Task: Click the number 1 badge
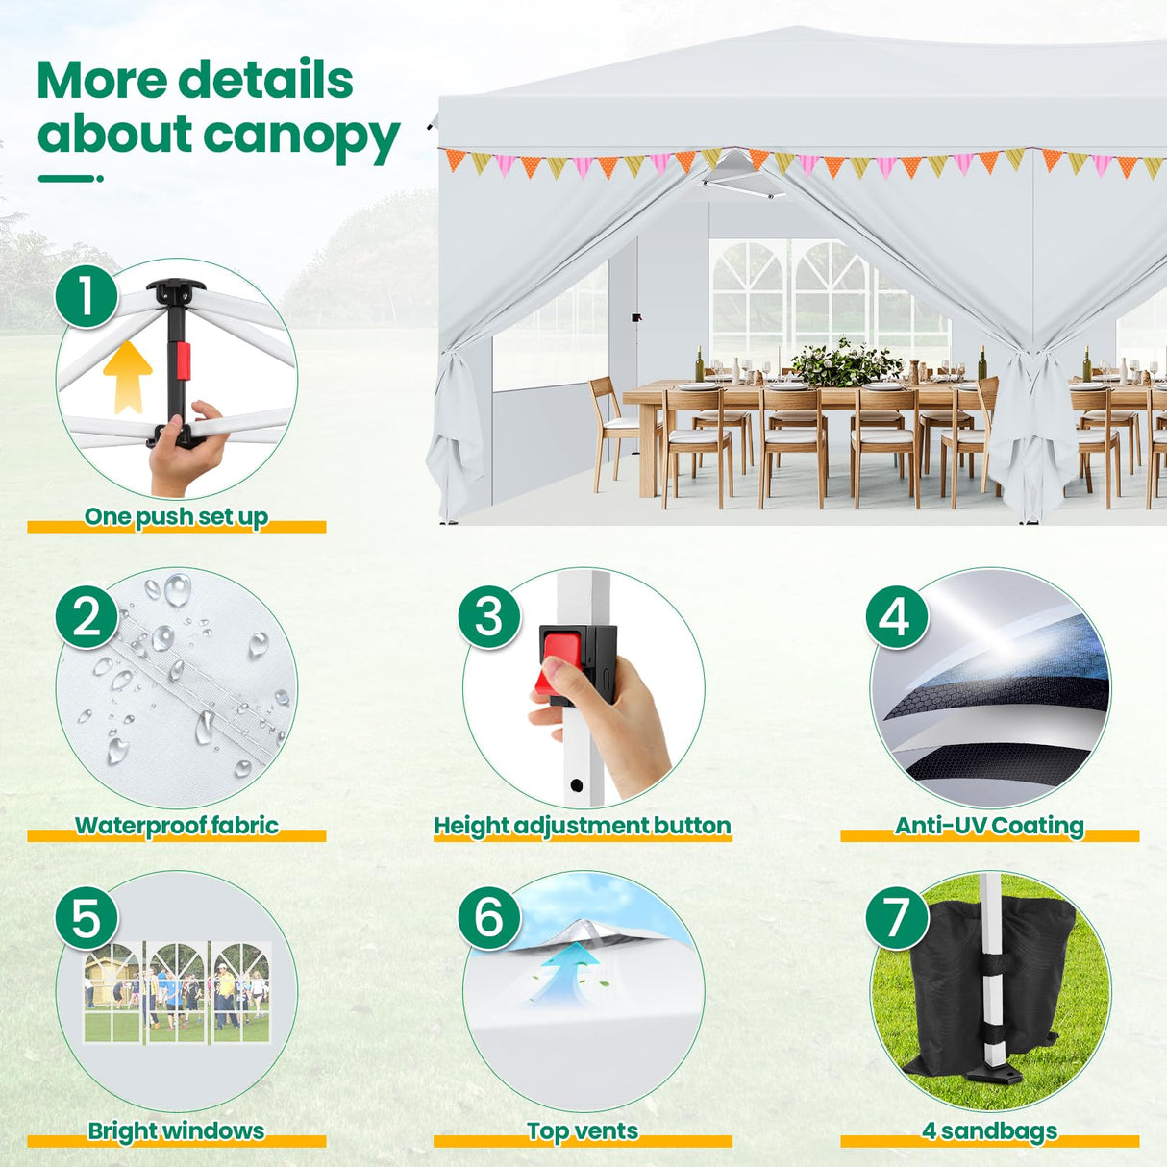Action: [87, 296]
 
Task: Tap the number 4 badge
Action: [896, 616]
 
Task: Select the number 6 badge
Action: [489, 916]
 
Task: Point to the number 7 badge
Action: [896, 917]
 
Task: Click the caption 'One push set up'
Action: [176, 517]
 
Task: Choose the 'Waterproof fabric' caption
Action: [177, 826]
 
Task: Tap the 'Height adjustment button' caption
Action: [583, 826]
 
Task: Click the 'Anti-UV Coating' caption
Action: [989, 826]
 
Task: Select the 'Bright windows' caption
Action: [176, 1130]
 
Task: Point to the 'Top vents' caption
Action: [583, 1130]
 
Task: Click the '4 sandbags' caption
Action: [989, 1130]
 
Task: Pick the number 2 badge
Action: [87, 616]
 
